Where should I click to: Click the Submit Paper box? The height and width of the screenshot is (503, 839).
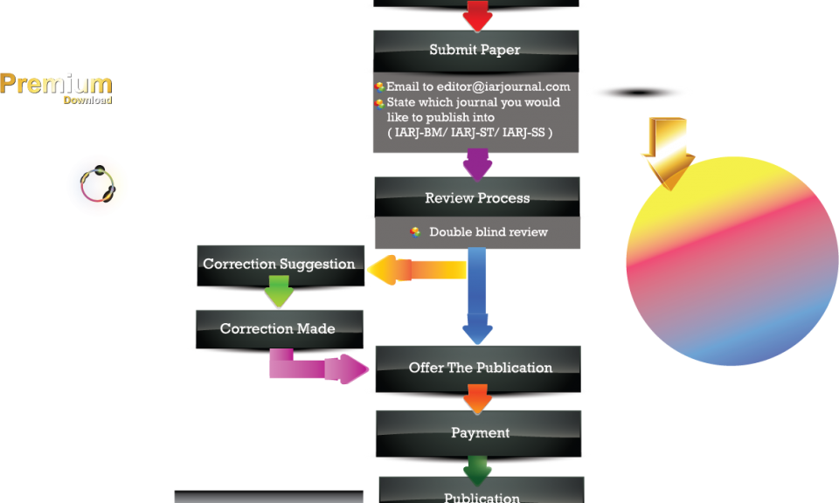476,50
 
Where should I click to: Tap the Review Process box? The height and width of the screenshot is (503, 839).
477,198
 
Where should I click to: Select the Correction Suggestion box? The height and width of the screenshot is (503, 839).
279,264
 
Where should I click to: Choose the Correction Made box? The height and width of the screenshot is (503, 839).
278,328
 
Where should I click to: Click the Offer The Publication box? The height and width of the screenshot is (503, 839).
480,368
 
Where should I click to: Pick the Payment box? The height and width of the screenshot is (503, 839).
480,432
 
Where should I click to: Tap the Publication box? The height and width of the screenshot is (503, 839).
482,493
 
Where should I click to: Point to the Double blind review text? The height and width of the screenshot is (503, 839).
488,232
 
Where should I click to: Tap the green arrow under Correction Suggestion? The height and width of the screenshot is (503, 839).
279,292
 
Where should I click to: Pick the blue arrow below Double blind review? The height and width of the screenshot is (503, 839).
477,297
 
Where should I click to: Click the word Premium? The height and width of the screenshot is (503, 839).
56,84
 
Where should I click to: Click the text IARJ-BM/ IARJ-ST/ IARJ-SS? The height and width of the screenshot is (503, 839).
469,132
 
